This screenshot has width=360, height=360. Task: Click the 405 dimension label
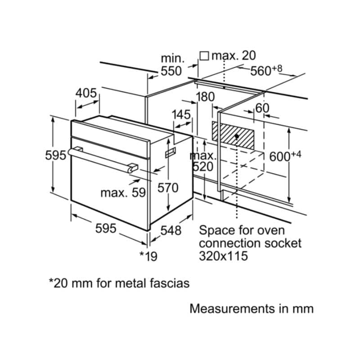tap(86, 93)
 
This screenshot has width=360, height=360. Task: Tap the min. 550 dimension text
tap(171, 64)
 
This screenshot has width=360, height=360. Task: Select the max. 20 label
tap(234, 56)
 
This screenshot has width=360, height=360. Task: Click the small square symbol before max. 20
tap(204, 56)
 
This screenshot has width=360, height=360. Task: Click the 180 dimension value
tap(206, 97)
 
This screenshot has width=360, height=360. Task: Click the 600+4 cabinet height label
tap(284, 157)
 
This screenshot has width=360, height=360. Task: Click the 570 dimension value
tap(168, 188)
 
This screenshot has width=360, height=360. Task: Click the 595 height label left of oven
tap(56, 155)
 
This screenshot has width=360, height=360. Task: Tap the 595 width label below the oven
tap(106, 229)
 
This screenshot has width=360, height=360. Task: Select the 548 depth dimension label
tap(171, 230)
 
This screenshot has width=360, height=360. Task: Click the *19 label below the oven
tap(148, 256)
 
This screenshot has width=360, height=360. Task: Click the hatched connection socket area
tap(231, 134)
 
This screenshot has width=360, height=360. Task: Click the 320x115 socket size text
tap(224, 256)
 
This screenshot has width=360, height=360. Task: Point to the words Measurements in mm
tap(251, 309)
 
